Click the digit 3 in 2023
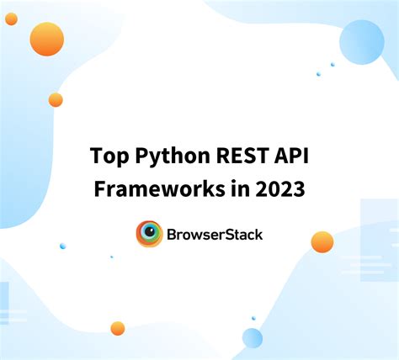pyautogui.click(x=299, y=189)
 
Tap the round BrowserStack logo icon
pyautogui.click(x=149, y=234)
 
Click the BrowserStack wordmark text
pyautogui.click(x=215, y=235)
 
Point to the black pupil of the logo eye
pyautogui.click(x=150, y=233)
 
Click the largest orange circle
pyautogui.click(x=46, y=39)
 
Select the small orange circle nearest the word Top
pyautogui.click(x=56, y=100)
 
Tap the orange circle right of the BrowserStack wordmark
pyautogui.click(x=322, y=242)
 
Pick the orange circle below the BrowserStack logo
pyautogui.click(x=117, y=328)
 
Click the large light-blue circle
pyautogui.click(x=361, y=42)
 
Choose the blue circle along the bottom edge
pyautogui.click(x=253, y=338)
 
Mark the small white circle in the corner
pyautogui.click(x=11, y=19)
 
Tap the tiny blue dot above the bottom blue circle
pyautogui.click(x=253, y=318)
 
